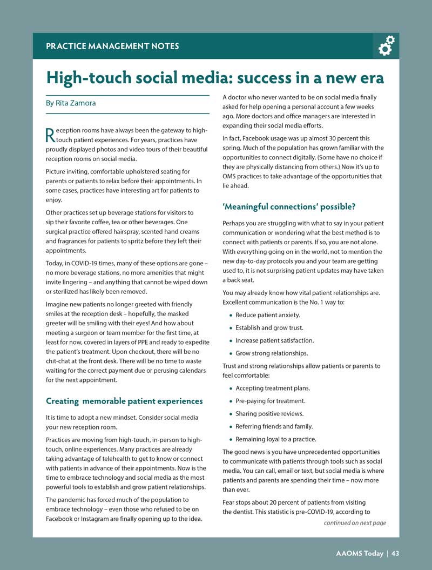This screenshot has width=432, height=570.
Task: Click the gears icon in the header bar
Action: tap(386, 46)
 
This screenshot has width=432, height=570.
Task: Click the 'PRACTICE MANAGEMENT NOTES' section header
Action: tap(112, 46)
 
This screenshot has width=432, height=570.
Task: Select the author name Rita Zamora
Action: tap(75, 103)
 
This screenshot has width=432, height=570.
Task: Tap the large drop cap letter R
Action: tap(50, 135)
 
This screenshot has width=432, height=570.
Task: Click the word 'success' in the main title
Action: tap(271, 78)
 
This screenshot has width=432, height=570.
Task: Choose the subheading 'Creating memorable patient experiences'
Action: tap(124, 401)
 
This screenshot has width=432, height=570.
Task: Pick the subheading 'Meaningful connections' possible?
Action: tap(289, 206)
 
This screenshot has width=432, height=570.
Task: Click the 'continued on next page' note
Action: tap(355, 523)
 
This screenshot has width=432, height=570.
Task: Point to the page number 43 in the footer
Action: tap(396, 553)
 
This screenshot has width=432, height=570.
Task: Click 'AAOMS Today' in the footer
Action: tap(359, 553)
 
